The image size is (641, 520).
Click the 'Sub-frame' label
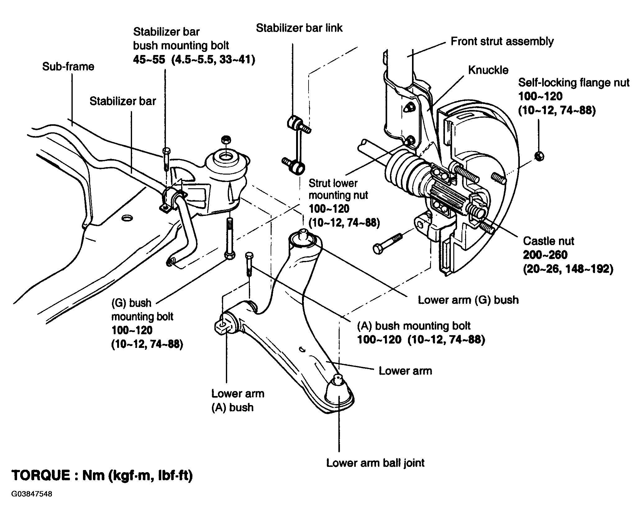[68, 66]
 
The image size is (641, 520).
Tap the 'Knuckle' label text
[488, 70]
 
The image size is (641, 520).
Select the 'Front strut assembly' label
[502, 41]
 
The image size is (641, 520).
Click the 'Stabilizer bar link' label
[299, 28]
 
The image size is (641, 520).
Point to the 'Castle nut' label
[549, 241]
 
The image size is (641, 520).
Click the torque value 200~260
[545, 255]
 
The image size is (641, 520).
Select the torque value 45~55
[149, 59]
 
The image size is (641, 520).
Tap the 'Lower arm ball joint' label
[375, 463]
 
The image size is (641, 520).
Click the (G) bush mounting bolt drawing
[229, 239]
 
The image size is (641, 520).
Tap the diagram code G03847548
[32, 503]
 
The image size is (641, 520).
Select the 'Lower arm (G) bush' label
[468, 300]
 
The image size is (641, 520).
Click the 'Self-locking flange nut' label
[574, 83]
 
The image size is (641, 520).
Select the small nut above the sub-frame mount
[227, 140]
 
